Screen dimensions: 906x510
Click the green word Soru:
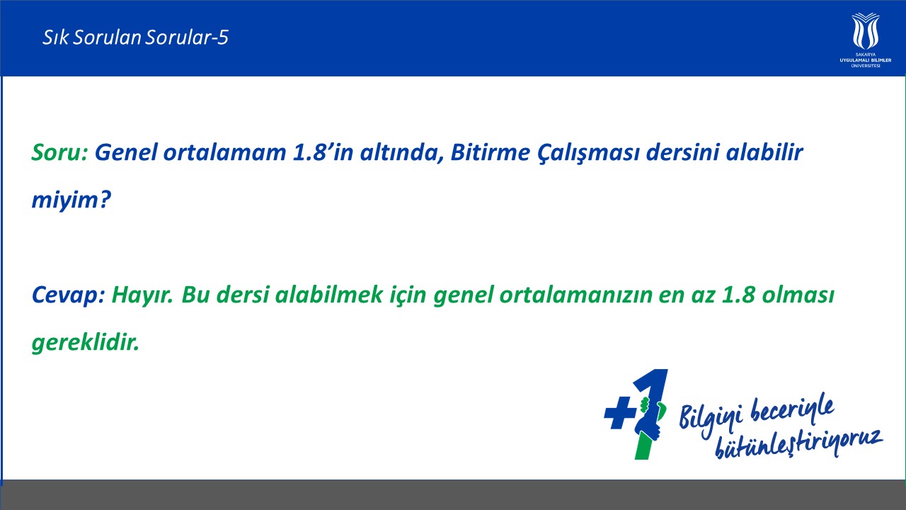60,152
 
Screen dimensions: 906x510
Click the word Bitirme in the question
490,152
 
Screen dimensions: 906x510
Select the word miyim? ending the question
71,200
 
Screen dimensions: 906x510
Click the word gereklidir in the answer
86,343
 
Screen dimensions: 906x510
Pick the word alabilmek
329,294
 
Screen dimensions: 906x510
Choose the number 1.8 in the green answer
738,294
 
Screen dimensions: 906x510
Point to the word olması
798,294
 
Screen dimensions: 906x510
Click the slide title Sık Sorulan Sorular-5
135,38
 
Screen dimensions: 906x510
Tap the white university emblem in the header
865,30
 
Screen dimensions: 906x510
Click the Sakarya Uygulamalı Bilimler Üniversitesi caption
865,60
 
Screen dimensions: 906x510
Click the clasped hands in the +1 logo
650,419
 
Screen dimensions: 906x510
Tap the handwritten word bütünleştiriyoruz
799,443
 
